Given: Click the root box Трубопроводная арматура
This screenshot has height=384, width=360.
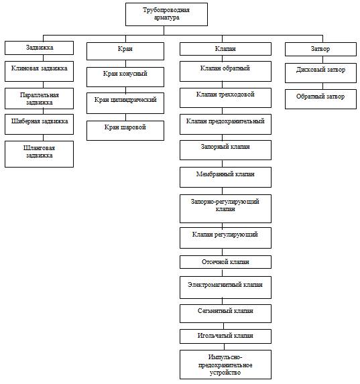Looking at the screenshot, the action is [166, 14].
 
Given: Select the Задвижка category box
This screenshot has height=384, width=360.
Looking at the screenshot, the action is [39, 48].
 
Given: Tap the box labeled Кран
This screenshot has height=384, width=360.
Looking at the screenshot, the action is [125, 51].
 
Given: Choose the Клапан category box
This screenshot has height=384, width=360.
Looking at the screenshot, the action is [225, 49].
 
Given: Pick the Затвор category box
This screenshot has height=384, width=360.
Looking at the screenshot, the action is [320, 49].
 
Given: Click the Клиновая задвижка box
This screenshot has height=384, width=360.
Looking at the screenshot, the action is [39, 71].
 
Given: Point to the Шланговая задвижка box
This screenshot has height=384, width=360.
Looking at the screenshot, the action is [39, 154].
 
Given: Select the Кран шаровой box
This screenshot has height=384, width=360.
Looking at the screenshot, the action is [125, 131].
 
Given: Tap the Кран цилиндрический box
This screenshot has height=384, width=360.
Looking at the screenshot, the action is [125, 103].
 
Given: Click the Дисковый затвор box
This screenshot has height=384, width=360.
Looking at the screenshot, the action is [320, 73].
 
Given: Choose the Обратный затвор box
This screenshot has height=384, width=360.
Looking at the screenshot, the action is [320, 99].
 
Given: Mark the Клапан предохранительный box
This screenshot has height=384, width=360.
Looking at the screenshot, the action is [225, 124].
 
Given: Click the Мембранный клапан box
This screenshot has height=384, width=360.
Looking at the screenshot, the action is [225, 178].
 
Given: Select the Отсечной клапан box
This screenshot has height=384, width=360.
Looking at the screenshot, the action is [225, 262].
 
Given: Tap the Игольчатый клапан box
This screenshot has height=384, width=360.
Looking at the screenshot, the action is [225, 336].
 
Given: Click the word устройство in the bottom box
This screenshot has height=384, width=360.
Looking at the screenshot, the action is [225, 373].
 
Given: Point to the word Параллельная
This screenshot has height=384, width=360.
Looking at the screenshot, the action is [40, 95].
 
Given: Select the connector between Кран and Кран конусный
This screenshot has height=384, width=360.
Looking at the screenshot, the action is [126, 64].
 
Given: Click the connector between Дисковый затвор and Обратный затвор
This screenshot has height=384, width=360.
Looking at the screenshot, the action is [322, 86].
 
